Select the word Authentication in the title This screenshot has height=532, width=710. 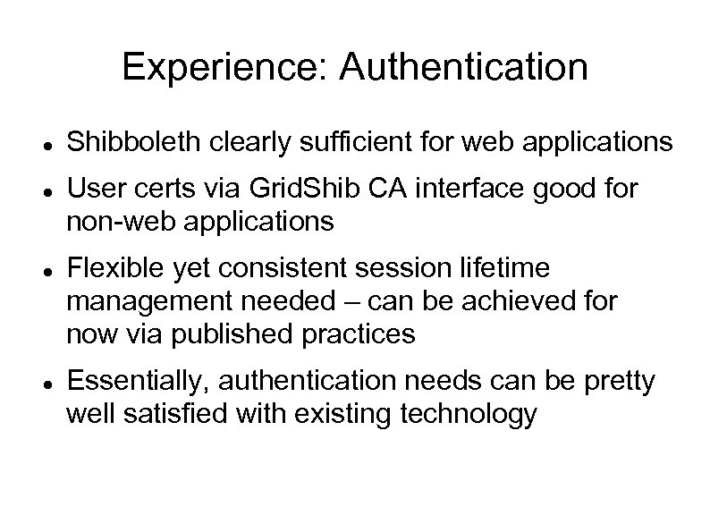465,68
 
